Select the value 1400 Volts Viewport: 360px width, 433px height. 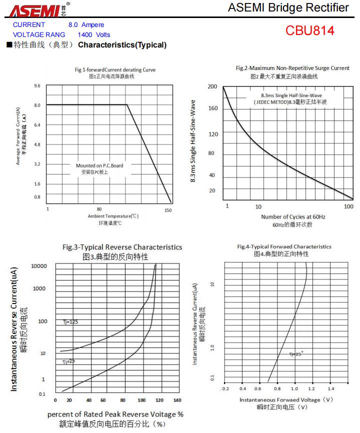click(94, 35)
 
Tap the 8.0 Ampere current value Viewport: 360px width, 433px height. click(86, 24)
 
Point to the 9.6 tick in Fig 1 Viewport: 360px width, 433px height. click(37, 86)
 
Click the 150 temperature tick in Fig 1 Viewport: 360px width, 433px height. click(168, 210)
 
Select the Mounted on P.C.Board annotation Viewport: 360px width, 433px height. click(99, 165)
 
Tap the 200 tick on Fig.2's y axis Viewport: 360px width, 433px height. click(212, 87)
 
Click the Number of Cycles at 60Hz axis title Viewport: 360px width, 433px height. click(293, 216)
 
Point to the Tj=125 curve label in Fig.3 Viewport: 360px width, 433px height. click(70, 322)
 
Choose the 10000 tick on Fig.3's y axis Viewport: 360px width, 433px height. click(38, 266)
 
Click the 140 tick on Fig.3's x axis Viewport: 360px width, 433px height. click(177, 400)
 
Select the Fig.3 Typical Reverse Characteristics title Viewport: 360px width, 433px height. click(122, 247)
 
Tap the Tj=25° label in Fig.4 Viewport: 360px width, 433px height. click(296, 354)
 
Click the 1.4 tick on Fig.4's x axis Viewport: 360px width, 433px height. click(331, 388)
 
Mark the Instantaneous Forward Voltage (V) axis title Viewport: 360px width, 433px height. click(286, 399)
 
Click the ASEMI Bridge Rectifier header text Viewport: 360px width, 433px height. click(288, 8)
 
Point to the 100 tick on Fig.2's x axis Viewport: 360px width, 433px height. click(348, 206)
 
